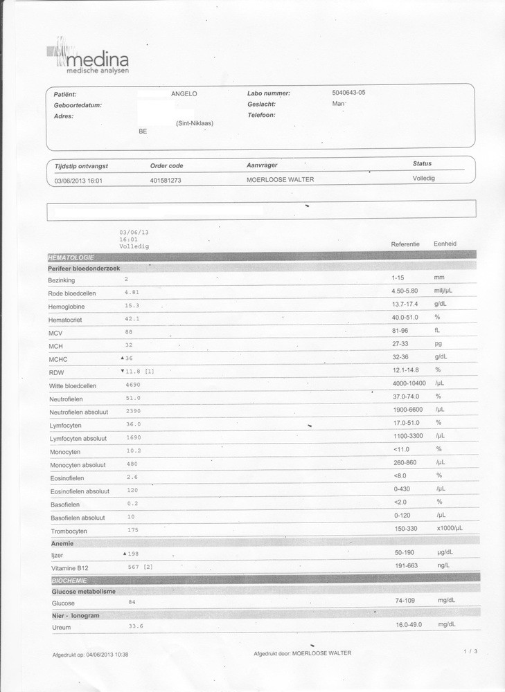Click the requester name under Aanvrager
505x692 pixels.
click(281, 180)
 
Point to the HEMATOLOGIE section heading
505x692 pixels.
click(71, 257)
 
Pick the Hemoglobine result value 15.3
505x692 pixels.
click(132, 305)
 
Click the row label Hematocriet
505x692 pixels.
click(66, 320)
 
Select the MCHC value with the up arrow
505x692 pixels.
click(127, 358)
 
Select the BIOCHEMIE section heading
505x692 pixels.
click(69, 580)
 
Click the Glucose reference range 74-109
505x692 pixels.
click(405, 601)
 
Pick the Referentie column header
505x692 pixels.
click(405, 244)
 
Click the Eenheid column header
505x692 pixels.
click(445, 244)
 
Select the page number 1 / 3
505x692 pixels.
click(471, 651)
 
